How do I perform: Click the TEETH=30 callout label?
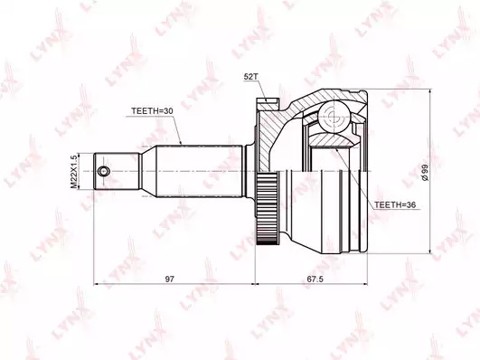point(152,111)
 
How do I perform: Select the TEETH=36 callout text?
point(395,205)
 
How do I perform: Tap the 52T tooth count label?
point(251,77)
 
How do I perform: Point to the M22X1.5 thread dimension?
point(73,172)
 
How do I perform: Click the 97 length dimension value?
point(170,279)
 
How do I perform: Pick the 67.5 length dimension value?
point(315,279)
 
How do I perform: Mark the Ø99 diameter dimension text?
point(425,171)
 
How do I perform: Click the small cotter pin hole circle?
point(104,171)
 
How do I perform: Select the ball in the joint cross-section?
point(334,116)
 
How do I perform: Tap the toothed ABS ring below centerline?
point(268,208)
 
